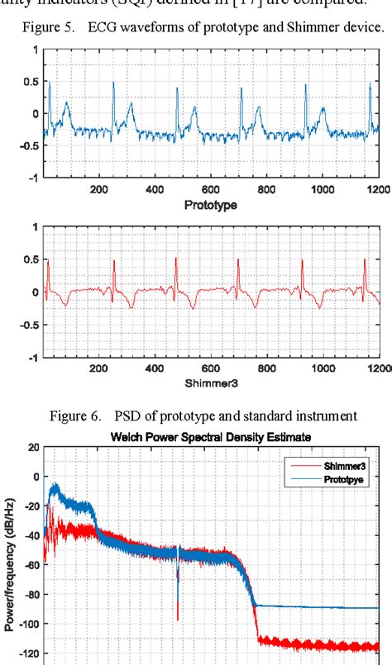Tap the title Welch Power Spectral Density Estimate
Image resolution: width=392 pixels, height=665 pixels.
click(213, 432)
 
